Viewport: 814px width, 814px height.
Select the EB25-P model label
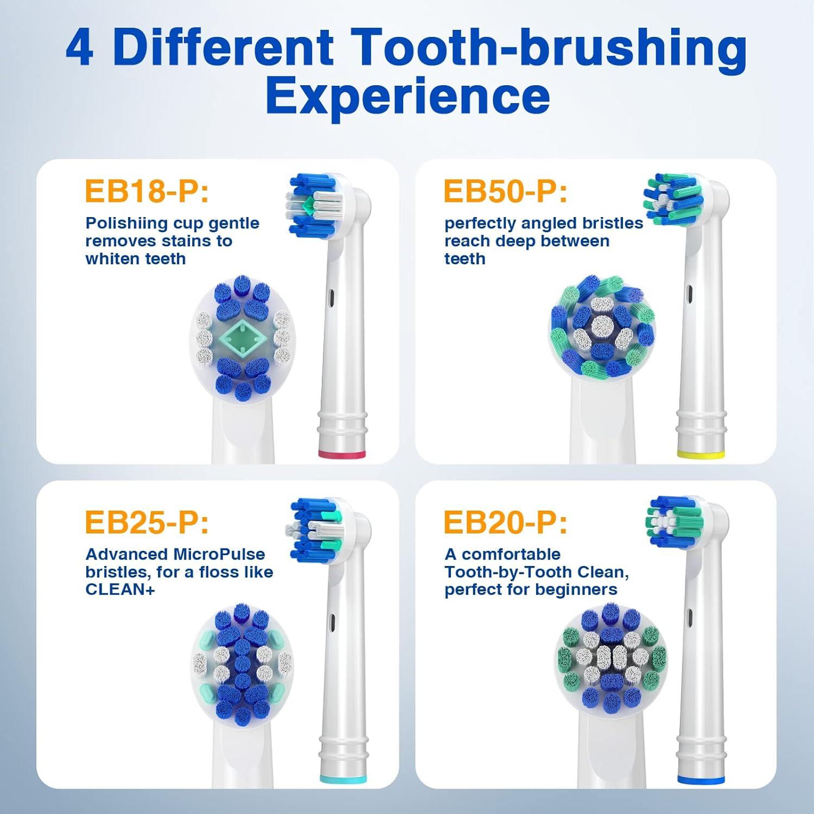147,522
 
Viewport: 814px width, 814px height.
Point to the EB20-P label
505,522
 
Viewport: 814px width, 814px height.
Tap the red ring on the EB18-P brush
341,454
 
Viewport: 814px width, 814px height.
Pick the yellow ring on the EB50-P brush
701,454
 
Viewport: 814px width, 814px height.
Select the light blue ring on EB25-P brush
341,779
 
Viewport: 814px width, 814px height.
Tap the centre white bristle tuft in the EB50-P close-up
602,327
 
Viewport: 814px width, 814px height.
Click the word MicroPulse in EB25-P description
219,554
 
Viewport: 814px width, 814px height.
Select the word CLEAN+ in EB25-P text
120,589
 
